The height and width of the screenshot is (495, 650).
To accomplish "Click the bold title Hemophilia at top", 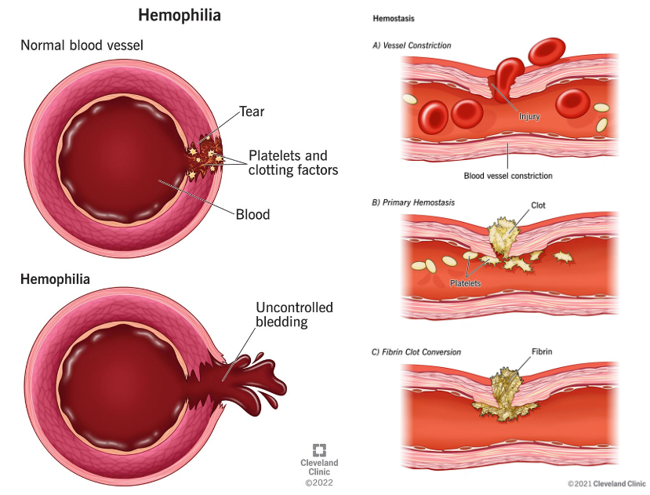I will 180,15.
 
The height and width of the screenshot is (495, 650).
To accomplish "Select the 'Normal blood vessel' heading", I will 82,45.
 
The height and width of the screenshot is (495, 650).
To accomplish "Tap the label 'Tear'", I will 252,111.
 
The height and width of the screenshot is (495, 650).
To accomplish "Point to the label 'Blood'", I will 252,214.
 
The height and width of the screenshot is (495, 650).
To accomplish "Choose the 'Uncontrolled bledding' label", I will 294,315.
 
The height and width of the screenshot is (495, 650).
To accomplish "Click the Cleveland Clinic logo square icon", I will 319,450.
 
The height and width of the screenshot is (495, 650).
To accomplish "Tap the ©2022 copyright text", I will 319,483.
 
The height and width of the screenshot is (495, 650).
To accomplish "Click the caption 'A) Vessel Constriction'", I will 412,45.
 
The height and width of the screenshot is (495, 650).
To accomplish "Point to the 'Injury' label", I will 529,115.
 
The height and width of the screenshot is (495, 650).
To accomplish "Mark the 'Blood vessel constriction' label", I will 508,176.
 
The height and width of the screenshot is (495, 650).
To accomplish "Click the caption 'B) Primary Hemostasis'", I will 413,202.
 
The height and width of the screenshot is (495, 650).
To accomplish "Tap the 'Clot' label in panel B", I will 538,206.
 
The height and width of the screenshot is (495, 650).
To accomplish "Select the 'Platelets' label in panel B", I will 465,282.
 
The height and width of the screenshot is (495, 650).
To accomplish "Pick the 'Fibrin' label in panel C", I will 542,352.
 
